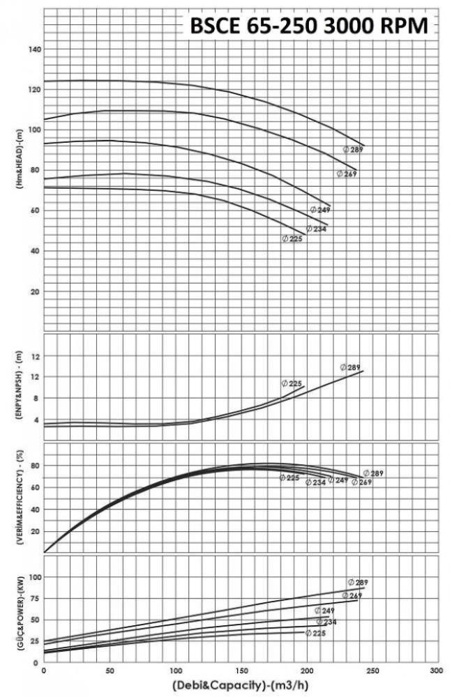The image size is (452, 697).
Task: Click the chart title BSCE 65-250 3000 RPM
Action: coord(311,26)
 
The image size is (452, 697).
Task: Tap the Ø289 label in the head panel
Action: coord(354,149)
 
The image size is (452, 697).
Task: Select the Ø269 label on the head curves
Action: coord(347,174)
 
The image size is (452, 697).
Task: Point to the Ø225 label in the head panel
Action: coord(292,238)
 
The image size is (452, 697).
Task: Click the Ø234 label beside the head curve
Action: coord(317,229)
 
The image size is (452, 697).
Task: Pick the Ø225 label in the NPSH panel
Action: coord(292,383)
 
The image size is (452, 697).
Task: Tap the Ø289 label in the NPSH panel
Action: coord(350,367)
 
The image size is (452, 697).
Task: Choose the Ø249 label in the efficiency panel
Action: coord(338,480)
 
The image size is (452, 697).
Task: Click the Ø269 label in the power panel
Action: coord(352,595)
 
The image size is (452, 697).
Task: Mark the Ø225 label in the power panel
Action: coord(315,633)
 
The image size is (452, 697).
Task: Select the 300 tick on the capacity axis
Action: coord(436,671)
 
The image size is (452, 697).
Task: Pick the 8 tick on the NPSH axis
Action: coord(34,399)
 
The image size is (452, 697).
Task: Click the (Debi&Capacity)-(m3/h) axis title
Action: coord(240,686)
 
